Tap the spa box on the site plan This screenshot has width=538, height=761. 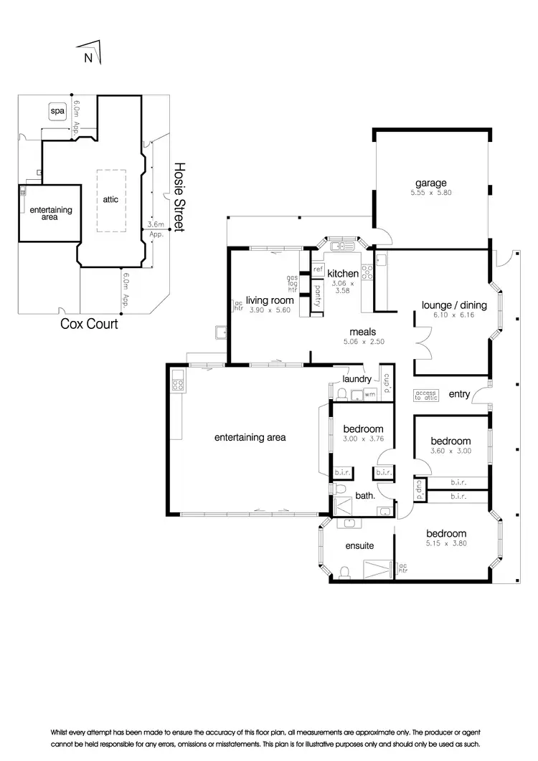[56, 112]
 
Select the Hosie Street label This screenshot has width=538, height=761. [179, 196]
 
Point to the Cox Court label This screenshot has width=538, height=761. [89, 324]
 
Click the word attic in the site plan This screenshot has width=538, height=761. [110, 199]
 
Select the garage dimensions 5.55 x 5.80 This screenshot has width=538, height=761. [430, 193]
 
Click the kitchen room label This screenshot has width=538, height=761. [343, 274]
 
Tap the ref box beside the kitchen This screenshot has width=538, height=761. [318, 269]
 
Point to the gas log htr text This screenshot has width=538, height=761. [293, 284]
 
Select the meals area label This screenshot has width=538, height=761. [363, 332]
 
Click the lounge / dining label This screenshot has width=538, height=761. [454, 305]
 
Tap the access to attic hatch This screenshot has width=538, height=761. [425, 395]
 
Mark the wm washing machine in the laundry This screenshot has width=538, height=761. [369, 394]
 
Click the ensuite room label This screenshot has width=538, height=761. [359, 545]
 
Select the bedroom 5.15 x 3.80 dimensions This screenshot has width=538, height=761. [446, 543]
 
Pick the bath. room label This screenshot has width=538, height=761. [365, 495]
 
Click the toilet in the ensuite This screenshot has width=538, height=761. [344, 572]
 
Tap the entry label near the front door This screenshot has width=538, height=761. [459, 394]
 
